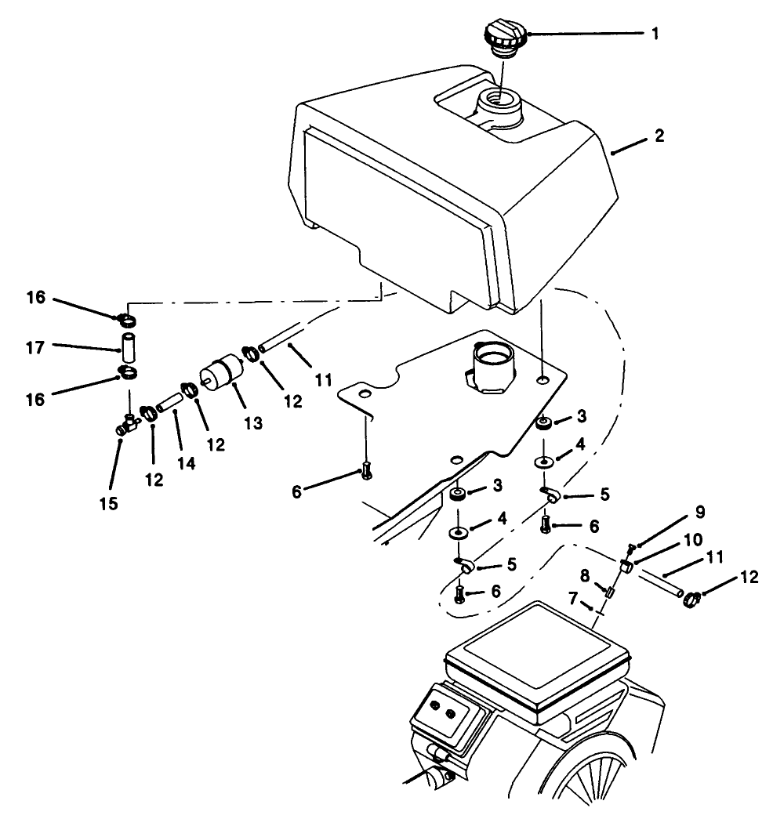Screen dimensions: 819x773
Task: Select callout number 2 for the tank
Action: click(x=659, y=136)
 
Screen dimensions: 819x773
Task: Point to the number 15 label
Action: click(x=108, y=502)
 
